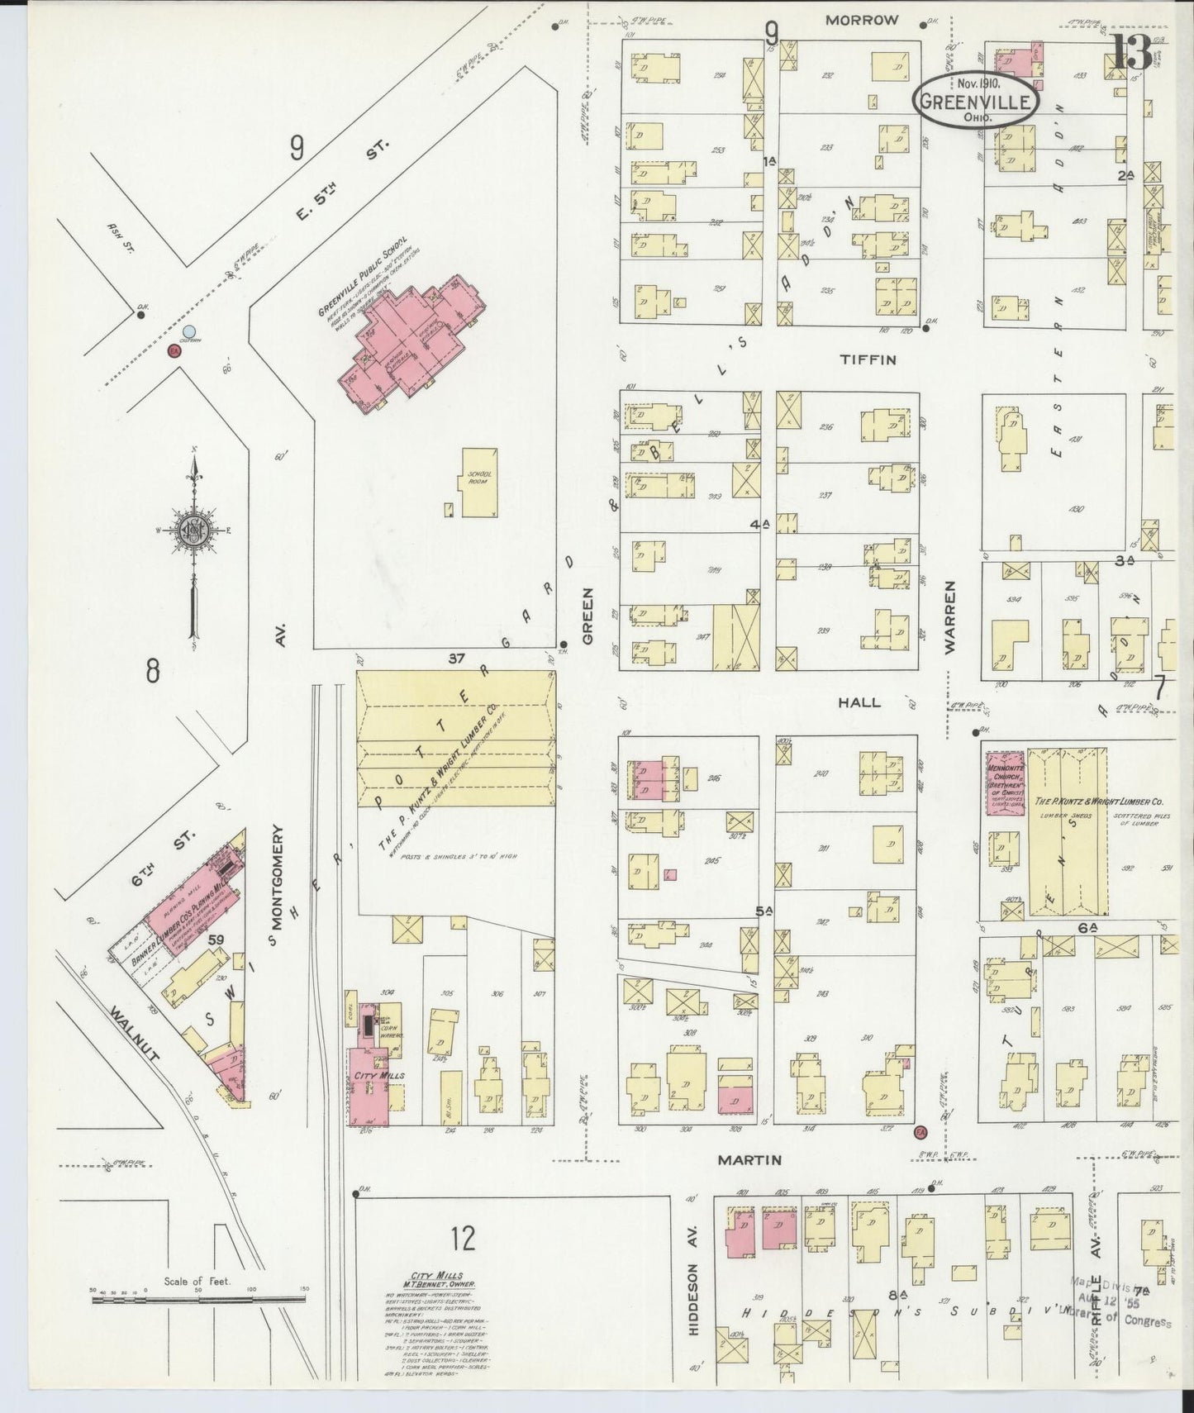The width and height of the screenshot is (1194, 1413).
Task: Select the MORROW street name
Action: point(861,20)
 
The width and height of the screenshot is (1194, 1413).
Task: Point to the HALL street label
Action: point(859,702)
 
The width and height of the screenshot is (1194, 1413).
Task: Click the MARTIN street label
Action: point(749,1160)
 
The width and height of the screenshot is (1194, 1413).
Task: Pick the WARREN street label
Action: point(949,617)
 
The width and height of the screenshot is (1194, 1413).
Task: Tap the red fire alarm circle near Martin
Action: point(920,1130)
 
